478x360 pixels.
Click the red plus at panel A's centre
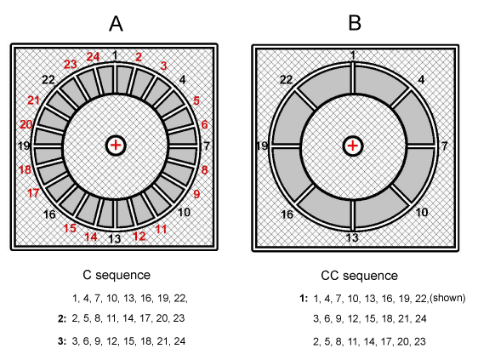point(116,145)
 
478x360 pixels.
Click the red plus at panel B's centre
point(353,146)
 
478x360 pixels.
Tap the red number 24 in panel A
point(93,57)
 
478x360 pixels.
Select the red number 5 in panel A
point(196,100)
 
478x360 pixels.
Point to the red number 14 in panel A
point(90,237)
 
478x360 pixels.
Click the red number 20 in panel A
point(26,124)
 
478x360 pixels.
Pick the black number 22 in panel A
point(48,80)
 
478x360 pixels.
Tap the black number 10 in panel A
point(184,212)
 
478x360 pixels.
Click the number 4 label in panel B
point(421,80)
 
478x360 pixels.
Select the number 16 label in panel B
point(287,214)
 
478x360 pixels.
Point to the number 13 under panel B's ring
point(352,237)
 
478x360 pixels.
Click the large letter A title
point(116,24)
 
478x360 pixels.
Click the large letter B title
point(355,23)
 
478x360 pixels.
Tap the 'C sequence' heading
point(117,275)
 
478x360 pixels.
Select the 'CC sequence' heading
point(360,276)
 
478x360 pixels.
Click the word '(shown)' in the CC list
point(447,298)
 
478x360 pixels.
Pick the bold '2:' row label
point(62,318)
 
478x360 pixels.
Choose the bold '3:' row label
point(62,341)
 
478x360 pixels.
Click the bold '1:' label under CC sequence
point(304,299)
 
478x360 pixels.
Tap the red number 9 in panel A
point(196,194)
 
